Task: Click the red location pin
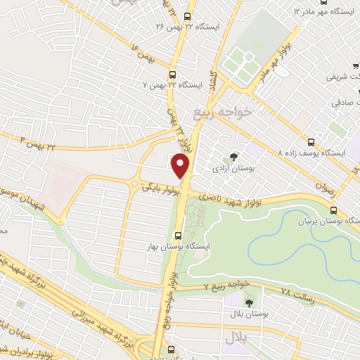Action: point(181,166)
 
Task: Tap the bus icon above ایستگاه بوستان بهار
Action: point(176,236)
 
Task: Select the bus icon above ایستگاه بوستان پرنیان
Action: point(334,210)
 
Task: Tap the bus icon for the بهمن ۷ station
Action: point(172,75)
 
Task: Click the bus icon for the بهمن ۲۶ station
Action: point(186,16)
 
